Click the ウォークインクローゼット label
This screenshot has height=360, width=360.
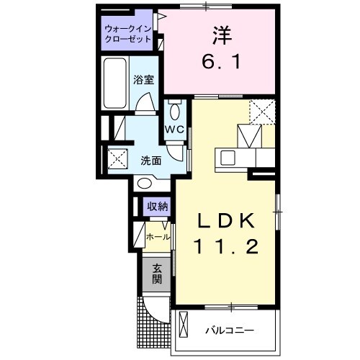pyautogui.click(x=127, y=34)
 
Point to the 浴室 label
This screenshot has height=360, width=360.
pyautogui.click(x=143, y=80)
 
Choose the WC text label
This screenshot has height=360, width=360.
pyautogui.click(x=175, y=130)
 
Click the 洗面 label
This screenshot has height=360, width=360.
pyautogui.click(x=149, y=160)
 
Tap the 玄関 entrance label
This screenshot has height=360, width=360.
pyautogui.click(x=156, y=274)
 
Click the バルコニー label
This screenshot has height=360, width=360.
pyautogui.click(x=228, y=330)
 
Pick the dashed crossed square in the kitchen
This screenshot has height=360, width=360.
pyautogui.click(x=262, y=112)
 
